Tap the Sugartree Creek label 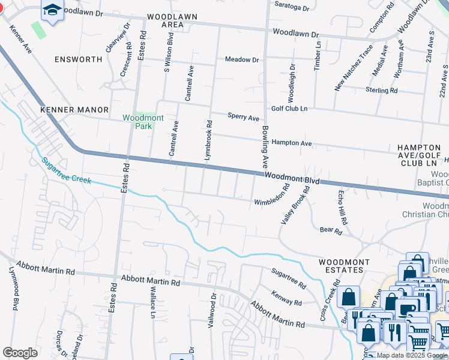66,170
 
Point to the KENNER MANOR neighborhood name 74,110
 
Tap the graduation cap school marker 52,10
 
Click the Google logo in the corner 20,353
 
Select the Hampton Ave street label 292,143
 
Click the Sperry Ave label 243,117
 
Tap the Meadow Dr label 241,59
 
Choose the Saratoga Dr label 292,8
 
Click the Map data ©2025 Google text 412,355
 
